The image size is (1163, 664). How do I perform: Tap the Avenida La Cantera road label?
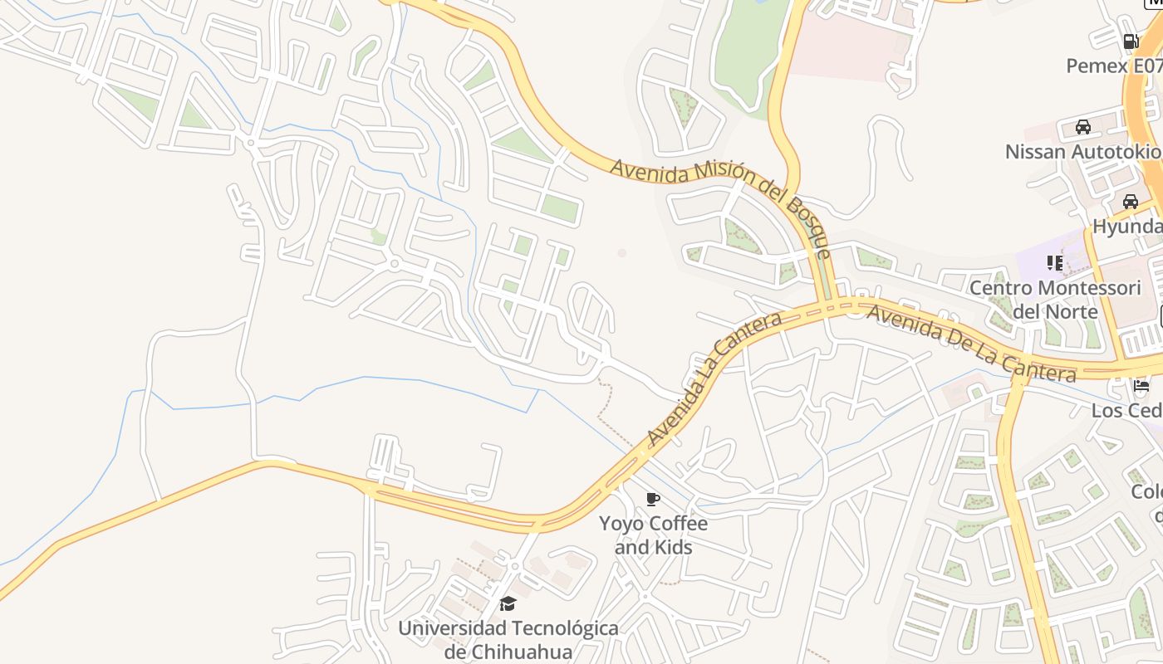[x=714, y=379]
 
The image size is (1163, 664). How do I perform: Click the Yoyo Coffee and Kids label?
[x=654, y=535]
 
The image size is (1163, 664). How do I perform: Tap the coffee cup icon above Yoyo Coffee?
[x=653, y=499]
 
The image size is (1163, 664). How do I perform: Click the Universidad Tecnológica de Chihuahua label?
[x=508, y=639]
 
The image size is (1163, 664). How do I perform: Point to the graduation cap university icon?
[x=508, y=603]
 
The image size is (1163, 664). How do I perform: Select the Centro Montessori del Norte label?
[x=1055, y=300]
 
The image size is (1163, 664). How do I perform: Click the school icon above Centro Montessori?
[x=1055, y=264]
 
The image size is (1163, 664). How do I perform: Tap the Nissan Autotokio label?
[x=1082, y=152]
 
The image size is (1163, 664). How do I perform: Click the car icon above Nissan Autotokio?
[x=1082, y=127]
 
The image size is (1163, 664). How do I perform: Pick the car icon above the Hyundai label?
[x=1130, y=202]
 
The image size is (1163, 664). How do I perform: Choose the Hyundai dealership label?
[x=1127, y=227]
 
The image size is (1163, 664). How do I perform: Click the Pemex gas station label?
[x=1114, y=66]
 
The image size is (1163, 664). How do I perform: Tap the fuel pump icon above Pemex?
[x=1130, y=41]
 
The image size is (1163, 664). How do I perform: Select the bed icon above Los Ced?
[x=1140, y=386]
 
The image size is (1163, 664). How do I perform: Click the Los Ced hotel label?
[x=1126, y=411]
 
